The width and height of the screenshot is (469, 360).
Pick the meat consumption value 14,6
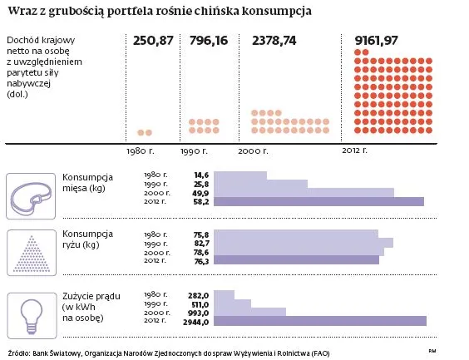coord(200,175)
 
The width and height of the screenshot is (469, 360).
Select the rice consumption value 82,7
coord(200,242)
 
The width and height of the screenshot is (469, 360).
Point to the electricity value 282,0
coord(197,294)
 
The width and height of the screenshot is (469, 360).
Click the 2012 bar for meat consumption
coord(319,201)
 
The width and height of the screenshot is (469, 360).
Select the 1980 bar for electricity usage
coord(224,294)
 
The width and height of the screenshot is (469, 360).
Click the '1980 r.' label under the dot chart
coord(139,150)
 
